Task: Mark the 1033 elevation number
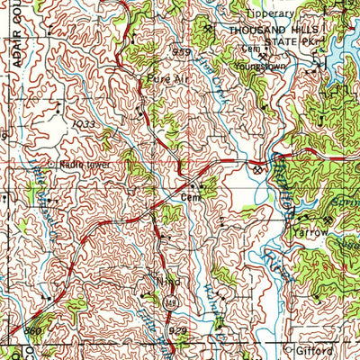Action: (x=85, y=123)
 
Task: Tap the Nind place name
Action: (x=166, y=281)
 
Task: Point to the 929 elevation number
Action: (x=178, y=332)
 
